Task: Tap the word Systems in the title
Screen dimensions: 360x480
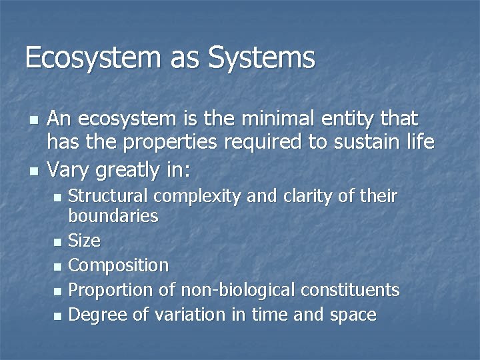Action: click(x=261, y=58)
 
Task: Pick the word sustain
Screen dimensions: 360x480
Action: click(x=354, y=142)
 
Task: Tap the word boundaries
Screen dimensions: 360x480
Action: click(x=113, y=216)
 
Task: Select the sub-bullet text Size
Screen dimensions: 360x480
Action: click(x=84, y=241)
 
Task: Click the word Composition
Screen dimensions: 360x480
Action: click(x=119, y=266)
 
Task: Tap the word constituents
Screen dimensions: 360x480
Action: click(x=351, y=290)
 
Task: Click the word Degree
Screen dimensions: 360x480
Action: click(x=100, y=315)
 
